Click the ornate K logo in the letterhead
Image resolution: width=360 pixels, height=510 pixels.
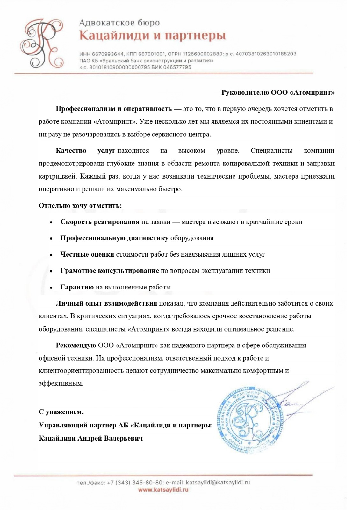pyautogui.click(x=41, y=43)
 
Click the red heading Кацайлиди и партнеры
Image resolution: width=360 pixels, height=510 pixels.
pyautogui.click(x=153, y=35)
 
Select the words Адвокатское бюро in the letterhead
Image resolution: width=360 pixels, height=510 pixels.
pyautogui.click(x=119, y=23)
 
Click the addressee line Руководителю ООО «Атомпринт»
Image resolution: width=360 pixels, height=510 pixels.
pyautogui.click(x=278, y=93)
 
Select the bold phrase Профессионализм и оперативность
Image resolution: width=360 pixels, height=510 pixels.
pyautogui.click(x=114, y=109)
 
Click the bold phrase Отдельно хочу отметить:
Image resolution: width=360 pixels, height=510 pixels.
pyautogui.click(x=80, y=206)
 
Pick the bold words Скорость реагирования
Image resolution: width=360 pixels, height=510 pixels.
pyautogui.click(x=100, y=222)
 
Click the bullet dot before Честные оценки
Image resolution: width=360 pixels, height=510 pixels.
pyautogui.click(x=51, y=255)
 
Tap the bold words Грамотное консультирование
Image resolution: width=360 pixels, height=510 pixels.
pyautogui.click(x=110, y=271)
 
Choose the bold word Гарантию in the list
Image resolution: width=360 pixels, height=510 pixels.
pyautogui.click(x=77, y=287)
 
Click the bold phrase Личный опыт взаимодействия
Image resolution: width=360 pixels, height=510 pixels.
pyautogui.click(x=106, y=303)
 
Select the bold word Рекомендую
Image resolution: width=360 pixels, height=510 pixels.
pyautogui.click(x=76, y=346)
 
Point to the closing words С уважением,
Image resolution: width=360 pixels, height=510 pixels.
pyautogui.click(x=61, y=412)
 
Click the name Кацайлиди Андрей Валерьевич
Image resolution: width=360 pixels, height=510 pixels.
pyautogui.click(x=90, y=438)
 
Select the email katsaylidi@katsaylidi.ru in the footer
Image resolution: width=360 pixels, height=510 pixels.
pyautogui.click(x=218, y=483)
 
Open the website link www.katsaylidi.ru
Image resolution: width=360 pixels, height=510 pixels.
pyautogui.click(x=163, y=490)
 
